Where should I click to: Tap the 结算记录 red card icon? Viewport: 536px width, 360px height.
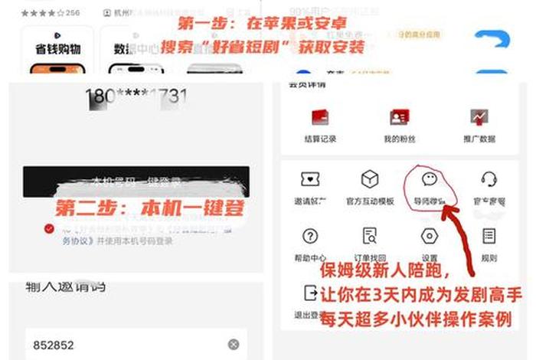tap(319, 118)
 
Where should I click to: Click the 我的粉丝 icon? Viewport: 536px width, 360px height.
tap(398, 118)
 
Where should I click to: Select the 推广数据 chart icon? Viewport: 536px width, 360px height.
tap(480, 117)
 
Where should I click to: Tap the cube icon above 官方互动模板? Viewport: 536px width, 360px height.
tap(370, 179)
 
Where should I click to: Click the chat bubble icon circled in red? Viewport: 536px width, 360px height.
tap(430, 179)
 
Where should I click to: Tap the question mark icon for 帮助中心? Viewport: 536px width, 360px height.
tap(310, 236)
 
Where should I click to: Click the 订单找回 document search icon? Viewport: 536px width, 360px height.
tap(370, 236)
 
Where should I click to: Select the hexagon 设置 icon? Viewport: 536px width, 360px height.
tap(430, 236)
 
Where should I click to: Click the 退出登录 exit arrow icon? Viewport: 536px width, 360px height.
tap(310, 293)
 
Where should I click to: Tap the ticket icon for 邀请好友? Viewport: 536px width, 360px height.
tap(310, 179)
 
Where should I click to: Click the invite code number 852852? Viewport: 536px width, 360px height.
tap(53, 345)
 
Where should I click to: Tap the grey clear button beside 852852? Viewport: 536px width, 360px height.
tap(234, 345)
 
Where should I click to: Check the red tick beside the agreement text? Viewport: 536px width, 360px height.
tap(49, 228)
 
